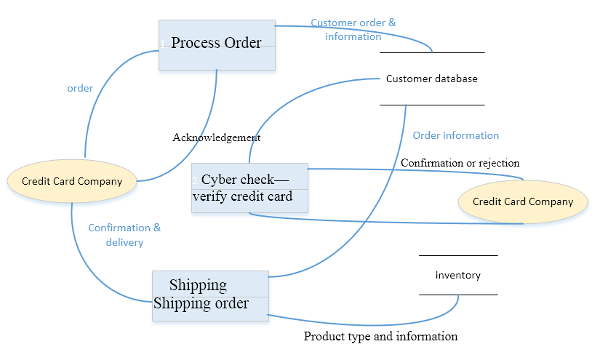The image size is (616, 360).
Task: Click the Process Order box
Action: [x=217, y=44]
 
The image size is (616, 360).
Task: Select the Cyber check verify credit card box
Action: [x=249, y=188]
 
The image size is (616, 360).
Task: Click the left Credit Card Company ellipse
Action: [x=72, y=181]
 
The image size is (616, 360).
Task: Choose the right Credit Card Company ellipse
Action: [x=523, y=201]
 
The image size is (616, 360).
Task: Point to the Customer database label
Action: [x=431, y=79]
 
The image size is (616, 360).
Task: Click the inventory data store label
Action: [x=457, y=275]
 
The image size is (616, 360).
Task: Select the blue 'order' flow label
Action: [x=80, y=88]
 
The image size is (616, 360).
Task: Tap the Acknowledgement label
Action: [x=216, y=137]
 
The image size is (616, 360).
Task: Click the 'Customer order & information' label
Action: [x=353, y=30]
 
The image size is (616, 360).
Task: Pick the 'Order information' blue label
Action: [x=455, y=135]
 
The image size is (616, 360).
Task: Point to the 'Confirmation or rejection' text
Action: [x=460, y=163]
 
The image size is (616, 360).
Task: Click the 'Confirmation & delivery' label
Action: [x=124, y=235]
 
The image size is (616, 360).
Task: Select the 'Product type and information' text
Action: [x=380, y=336]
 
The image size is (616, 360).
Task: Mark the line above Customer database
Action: [x=431, y=52]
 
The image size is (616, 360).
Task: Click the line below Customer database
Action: [x=431, y=105]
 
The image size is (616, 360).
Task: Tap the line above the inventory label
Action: [x=458, y=255]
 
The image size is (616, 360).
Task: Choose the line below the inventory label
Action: [x=458, y=295]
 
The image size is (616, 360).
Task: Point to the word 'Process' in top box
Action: [x=195, y=43]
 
